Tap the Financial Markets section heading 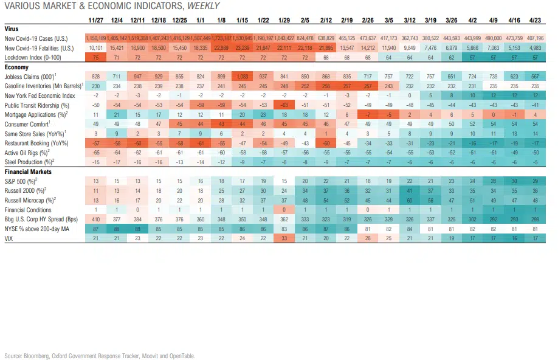pos(28,172)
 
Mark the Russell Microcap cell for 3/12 pos(411,199)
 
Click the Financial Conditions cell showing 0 pos(284,209)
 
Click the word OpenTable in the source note pos(184,356)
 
